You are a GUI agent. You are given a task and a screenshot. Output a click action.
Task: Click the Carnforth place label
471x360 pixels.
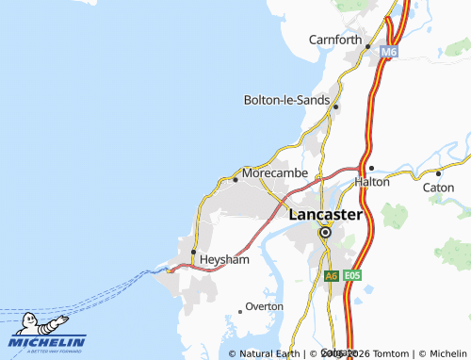(335, 40)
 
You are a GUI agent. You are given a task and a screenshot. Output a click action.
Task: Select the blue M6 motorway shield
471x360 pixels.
(389, 53)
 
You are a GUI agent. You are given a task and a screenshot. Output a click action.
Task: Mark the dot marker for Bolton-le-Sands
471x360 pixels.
(335, 106)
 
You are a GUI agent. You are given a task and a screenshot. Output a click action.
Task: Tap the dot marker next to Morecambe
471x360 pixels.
(235, 179)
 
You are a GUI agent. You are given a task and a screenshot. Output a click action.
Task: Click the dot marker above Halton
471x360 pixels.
(371, 169)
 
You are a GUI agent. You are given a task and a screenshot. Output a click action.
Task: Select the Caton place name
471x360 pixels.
(438, 187)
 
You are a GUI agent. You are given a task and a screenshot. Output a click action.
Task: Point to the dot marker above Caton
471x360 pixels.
(438, 173)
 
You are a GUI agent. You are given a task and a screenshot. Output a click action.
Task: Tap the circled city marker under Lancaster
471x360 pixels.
(325, 232)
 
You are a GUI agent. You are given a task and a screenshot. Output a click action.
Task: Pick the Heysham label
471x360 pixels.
(224, 259)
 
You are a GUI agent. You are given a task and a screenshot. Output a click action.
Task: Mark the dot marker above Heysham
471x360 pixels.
(193, 252)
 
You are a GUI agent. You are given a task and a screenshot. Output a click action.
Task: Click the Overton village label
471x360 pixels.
(265, 307)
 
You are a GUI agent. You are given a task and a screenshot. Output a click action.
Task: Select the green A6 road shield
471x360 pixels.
(331, 276)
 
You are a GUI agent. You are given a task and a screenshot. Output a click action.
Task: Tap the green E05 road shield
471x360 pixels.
(352, 276)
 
